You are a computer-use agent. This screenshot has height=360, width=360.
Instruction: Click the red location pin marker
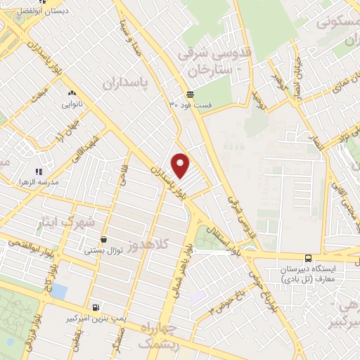pyautogui.click(x=181, y=165)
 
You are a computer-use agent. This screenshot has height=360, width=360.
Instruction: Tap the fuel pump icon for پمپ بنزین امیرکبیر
pyautogui.click(x=96, y=307)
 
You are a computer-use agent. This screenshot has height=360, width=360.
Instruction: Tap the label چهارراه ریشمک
pyautogui.click(x=164, y=337)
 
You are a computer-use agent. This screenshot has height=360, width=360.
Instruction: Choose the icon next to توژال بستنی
pyautogui.click(x=104, y=239)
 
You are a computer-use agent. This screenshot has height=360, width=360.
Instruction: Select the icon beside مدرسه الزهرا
pyautogui.click(x=39, y=171)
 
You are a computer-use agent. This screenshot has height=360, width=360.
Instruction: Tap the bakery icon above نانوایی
pyautogui.click(x=71, y=94)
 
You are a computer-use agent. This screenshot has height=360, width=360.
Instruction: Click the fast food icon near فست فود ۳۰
pyautogui.click(x=190, y=94)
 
